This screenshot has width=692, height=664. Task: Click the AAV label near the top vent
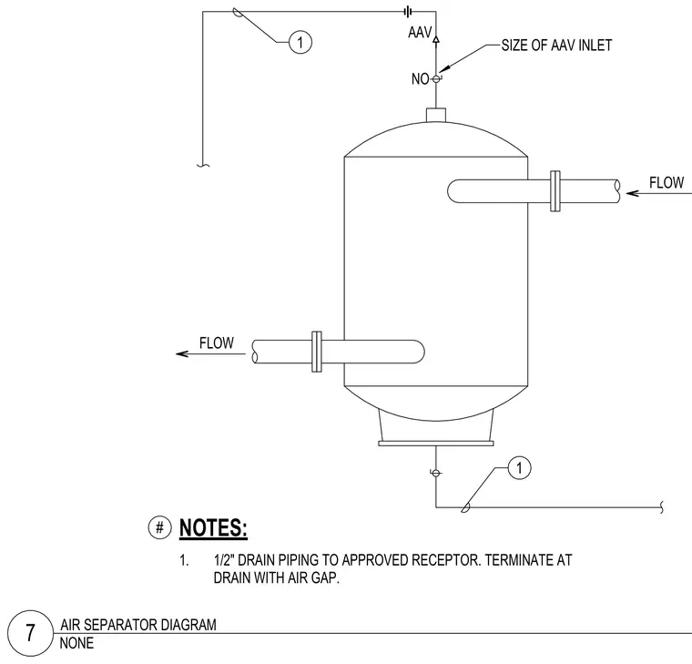[x=420, y=32]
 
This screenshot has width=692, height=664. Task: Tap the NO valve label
[x=420, y=79]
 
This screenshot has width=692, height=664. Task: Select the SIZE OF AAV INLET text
[x=556, y=45]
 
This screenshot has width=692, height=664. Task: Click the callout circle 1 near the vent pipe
[x=300, y=43]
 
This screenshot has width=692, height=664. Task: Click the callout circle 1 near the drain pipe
[x=519, y=468]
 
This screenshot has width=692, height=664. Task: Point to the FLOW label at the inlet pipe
[x=667, y=182]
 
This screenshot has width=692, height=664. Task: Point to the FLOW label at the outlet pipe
[x=217, y=343]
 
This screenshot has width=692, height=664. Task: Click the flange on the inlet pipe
[x=555, y=191]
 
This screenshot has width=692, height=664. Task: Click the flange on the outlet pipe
[x=317, y=352]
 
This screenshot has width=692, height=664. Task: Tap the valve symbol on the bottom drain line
[x=435, y=474]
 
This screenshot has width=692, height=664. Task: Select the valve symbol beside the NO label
[x=436, y=79]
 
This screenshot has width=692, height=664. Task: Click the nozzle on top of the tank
[x=436, y=115]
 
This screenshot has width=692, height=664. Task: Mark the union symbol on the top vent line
[x=408, y=12]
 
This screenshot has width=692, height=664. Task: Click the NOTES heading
[x=213, y=528]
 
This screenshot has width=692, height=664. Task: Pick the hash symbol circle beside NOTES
[x=159, y=527]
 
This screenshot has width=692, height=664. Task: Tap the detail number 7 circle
[x=30, y=633]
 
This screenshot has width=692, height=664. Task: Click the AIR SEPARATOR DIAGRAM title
[x=138, y=625]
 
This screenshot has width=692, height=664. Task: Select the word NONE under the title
[x=76, y=643]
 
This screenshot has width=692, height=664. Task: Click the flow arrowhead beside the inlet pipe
[x=632, y=193]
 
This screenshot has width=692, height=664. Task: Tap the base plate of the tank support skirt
[x=436, y=444]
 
